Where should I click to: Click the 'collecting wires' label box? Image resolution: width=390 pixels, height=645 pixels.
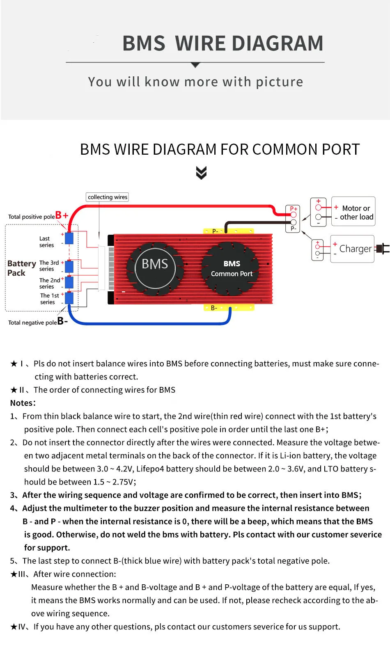107,197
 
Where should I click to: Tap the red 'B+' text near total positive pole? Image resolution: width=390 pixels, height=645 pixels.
62,215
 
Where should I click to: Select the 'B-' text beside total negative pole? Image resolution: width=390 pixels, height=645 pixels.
62,321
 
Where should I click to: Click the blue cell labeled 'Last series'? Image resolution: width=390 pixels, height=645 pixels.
69,238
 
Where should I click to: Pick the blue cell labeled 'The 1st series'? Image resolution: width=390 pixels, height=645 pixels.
69,298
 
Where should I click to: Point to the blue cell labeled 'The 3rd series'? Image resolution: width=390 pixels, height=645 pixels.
69,266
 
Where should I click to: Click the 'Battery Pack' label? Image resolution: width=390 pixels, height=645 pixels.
21,268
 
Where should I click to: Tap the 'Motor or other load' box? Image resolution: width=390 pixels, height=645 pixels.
353,212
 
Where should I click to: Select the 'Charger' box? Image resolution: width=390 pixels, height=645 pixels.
352,249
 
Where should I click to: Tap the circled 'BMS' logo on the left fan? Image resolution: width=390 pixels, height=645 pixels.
155,264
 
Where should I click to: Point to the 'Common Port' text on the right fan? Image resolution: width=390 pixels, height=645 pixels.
232,274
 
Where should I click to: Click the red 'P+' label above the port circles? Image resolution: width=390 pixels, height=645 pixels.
294,208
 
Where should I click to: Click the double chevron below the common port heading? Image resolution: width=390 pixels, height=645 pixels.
201,173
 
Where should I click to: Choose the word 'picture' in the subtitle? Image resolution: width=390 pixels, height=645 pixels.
279,82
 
